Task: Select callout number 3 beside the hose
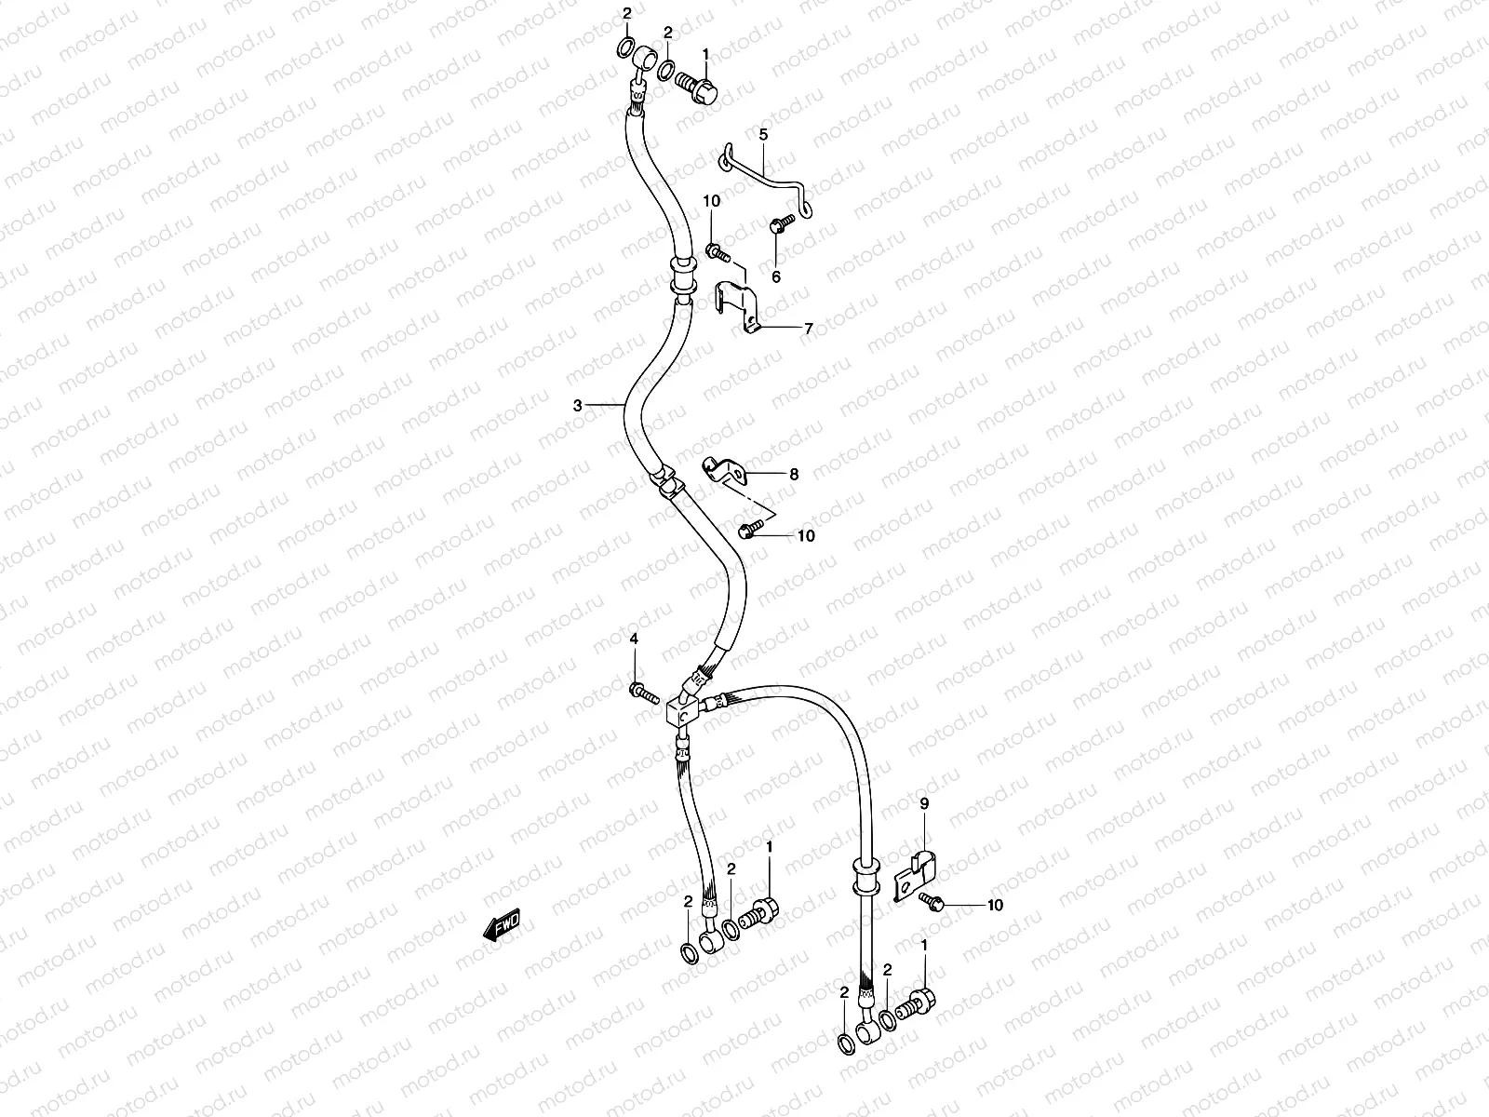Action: [577, 405]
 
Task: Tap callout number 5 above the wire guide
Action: [763, 135]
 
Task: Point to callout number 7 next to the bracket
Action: [809, 329]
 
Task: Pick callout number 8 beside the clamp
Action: [794, 474]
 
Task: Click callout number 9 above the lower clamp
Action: [924, 802]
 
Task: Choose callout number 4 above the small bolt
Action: [634, 639]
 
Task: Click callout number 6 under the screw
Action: [776, 276]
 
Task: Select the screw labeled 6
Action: [779, 224]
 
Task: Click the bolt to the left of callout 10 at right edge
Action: [932, 900]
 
